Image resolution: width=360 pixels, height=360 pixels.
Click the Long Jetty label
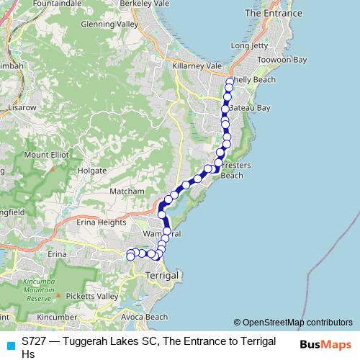[249, 46]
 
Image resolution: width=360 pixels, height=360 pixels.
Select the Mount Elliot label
[46, 154]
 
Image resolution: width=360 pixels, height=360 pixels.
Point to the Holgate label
[91, 171]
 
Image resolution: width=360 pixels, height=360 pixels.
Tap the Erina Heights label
[102, 222]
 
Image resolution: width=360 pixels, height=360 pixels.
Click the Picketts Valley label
[92, 297]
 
